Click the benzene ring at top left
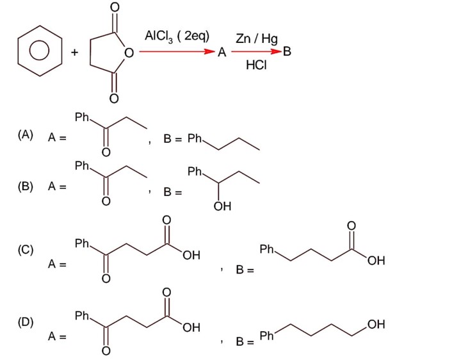40,50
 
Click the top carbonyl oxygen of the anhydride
114,8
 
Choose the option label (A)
26,135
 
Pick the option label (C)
26,250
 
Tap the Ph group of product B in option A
195,138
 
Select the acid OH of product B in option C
377,261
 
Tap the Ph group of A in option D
82,315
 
